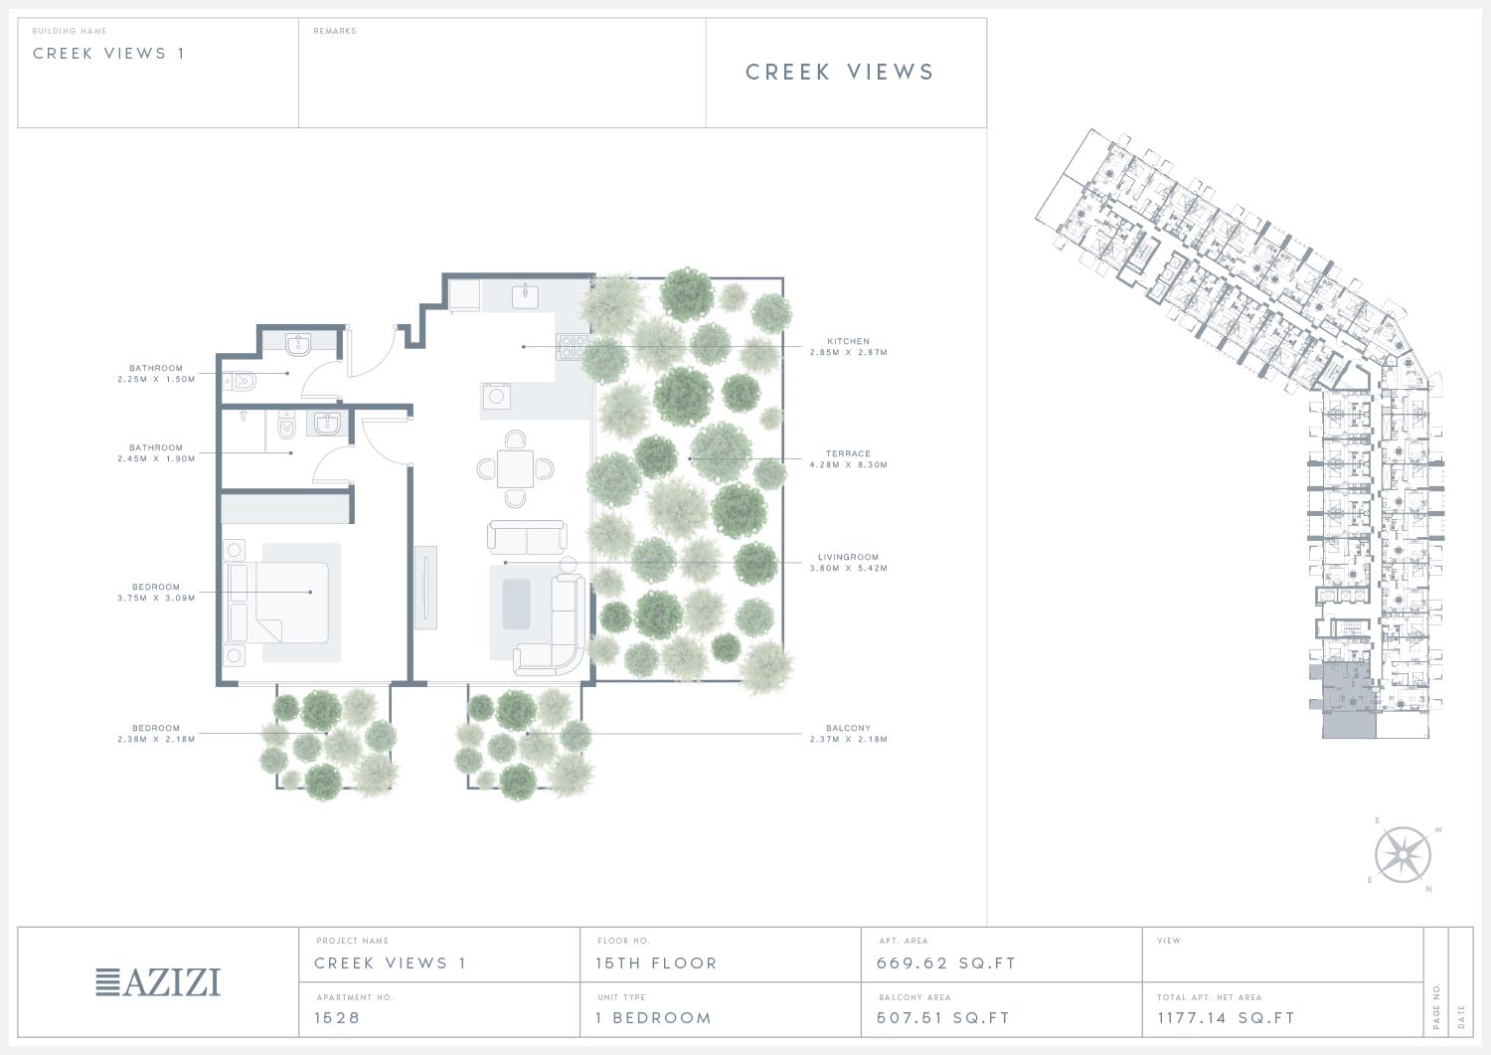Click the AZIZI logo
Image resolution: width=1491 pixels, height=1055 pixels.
click(158, 981)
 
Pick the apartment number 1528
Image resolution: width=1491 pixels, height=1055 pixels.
click(337, 1017)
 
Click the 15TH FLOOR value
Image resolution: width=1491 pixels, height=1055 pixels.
click(656, 964)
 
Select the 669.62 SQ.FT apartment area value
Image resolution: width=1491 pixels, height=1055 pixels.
click(946, 964)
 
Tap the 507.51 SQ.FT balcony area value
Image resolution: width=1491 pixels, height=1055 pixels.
click(943, 1017)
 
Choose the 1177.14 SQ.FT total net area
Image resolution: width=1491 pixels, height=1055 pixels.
click(1226, 1017)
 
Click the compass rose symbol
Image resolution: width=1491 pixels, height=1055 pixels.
click(1403, 854)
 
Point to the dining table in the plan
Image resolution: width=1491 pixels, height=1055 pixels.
click(515, 469)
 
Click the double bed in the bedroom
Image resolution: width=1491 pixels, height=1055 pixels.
click(279, 603)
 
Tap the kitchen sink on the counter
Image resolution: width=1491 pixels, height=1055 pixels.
click(525, 295)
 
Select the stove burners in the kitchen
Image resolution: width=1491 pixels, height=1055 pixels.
click(572, 346)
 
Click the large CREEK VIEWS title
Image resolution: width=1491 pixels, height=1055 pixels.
click(840, 72)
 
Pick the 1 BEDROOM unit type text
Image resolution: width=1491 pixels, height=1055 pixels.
click(654, 1017)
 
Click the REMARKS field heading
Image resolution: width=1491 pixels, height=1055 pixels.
click(335, 31)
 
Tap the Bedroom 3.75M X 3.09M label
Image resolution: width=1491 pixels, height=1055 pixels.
click(156, 592)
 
